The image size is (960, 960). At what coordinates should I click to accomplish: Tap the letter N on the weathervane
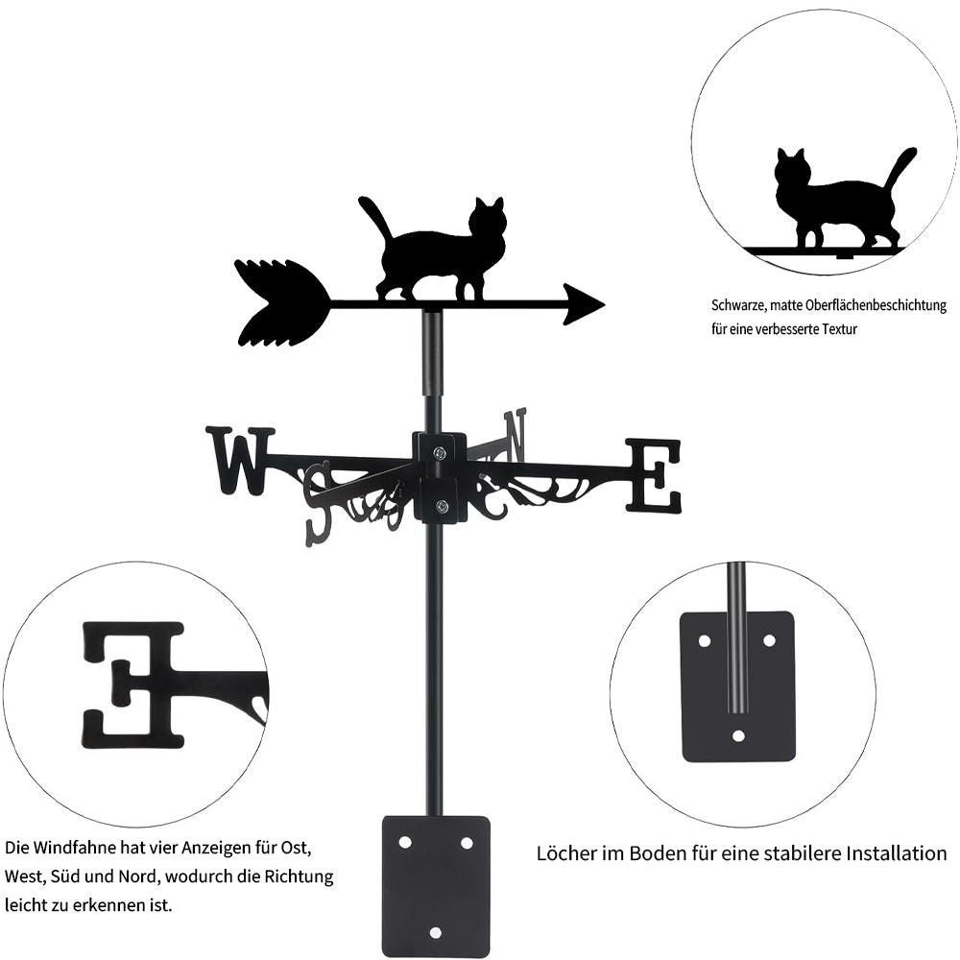coord(516,434)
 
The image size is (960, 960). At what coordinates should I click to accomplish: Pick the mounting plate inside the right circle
coord(737,686)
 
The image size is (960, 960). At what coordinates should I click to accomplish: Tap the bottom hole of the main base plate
coord(436,932)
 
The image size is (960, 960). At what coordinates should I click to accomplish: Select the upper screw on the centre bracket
coord(440,453)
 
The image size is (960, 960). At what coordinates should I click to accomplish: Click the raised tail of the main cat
coord(373,216)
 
